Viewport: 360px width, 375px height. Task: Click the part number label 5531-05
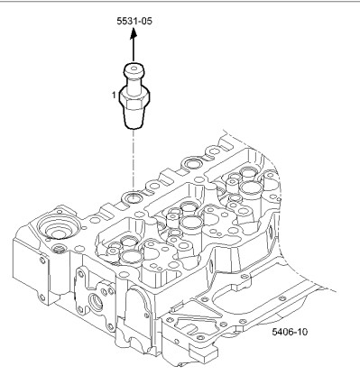pos(134,21)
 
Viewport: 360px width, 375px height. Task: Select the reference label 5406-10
pos(290,332)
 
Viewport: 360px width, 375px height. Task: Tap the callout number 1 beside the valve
pos(114,95)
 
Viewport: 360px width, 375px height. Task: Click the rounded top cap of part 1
pos(134,69)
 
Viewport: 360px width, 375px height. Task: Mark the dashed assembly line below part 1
pos(134,160)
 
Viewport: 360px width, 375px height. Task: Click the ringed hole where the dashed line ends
pos(133,197)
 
